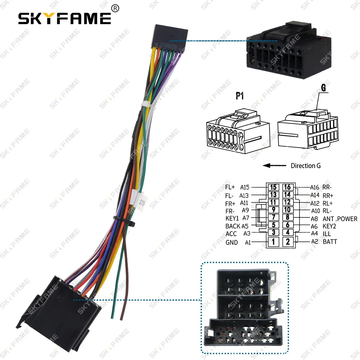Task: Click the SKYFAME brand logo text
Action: (x=65, y=18)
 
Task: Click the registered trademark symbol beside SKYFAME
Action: (x=116, y=8)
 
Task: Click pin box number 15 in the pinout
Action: (x=274, y=187)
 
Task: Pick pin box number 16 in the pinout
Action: (x=287, y=187)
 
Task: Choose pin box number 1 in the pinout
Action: (x=274, y=242)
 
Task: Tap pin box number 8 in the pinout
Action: (x=287, y=217)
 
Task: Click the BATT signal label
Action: (x=330, y=242)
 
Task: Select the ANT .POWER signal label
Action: (x=340, y=219)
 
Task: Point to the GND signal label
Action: (x=231, y=242)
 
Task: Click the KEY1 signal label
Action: (x=232, y=219)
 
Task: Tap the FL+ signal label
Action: (x=230, y=187)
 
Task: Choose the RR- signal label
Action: (x=327, y=187)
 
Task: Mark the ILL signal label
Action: (x=327, y=234)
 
